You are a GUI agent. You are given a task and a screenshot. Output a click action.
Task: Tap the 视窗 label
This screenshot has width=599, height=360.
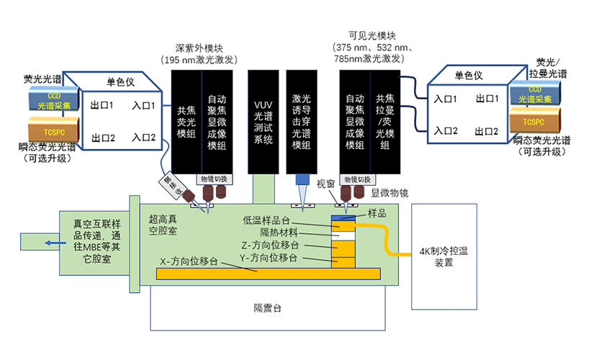pyautogui.click(x=326, y=183)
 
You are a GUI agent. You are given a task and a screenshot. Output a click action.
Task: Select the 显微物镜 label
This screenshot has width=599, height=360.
pyautogui.click(x=389, y=193)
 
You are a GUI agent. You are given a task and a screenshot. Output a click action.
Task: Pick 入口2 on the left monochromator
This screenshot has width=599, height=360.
pyautogui.click(x=145, y=138)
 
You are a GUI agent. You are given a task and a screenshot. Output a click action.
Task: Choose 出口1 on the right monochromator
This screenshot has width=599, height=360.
pyautogui.click(x=487, y=99)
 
